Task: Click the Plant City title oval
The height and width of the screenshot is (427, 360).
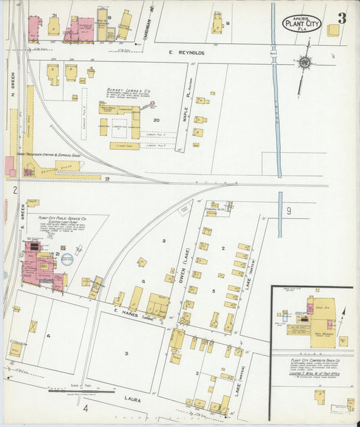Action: pyautogui.click(x=301, y=24)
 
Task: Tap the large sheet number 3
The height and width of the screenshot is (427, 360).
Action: pyautogui.click(x=342, y=19)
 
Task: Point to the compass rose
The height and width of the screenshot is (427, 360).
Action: pyautogui.click(x=305, y=63)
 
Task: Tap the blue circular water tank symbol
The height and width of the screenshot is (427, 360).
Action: pyautogui.click(x=67, y=259)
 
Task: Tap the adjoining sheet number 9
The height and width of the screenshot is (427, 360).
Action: pyautogui.click(x=288, y=211)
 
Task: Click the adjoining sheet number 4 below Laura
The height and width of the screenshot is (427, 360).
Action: pyautogui.click(x=86, y=408)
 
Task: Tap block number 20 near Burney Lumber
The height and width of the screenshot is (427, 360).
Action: pyautogui.click(x=156, y=120)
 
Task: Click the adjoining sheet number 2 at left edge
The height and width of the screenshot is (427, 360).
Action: pyautogui.click(x=14, y=190)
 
